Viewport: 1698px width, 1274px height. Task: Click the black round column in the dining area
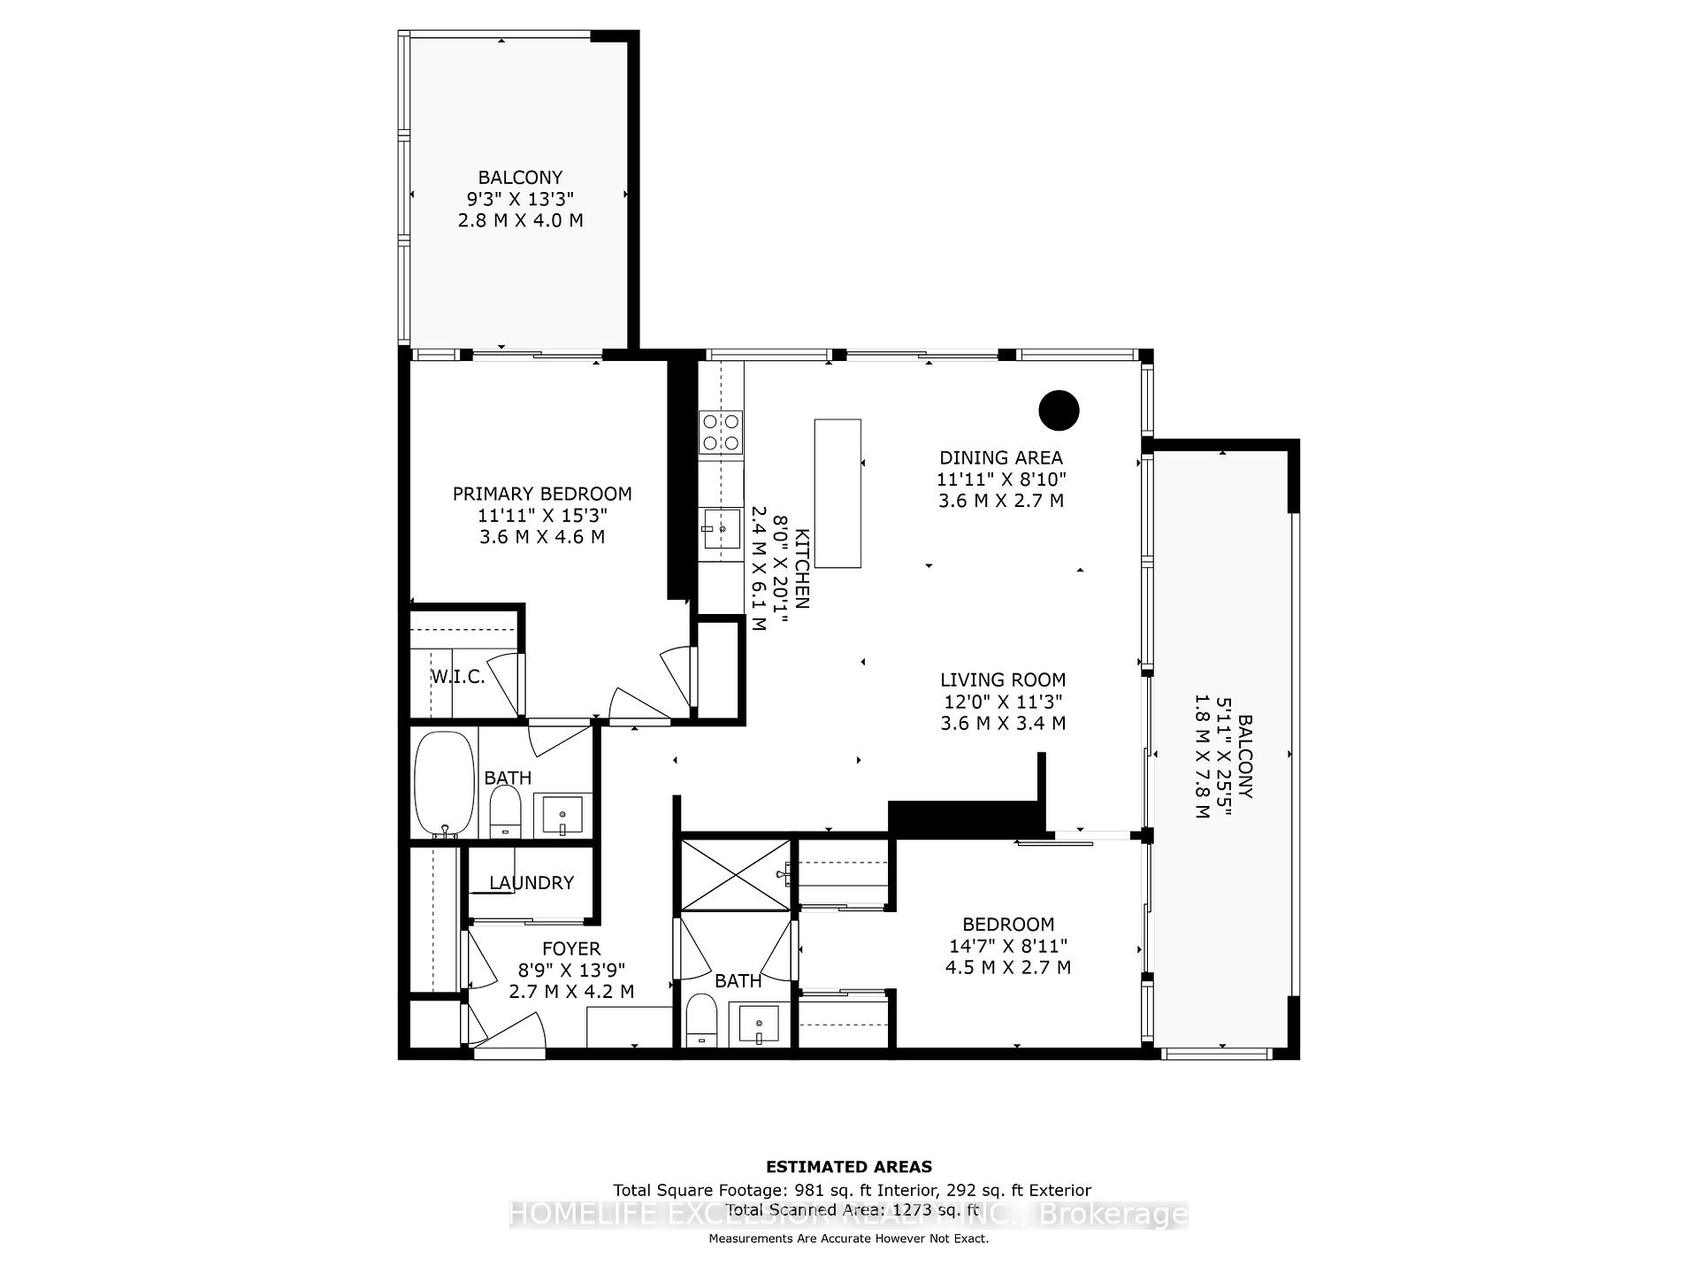click(1059, 410)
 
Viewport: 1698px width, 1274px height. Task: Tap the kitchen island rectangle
click(838, 493)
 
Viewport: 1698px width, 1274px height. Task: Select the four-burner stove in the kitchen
click(721, 433)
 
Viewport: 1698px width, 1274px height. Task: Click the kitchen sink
click(722, 530)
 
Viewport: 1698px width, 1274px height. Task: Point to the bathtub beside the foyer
click(444, 782)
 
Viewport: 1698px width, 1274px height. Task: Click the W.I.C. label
click(457, 677)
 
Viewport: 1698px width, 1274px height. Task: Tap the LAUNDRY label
click(531, 882)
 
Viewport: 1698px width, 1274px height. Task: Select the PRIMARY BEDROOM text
click(542, 494)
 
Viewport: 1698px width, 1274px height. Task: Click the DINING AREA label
click(1001, 457)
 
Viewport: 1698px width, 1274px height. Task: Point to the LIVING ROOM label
click(1002, 679)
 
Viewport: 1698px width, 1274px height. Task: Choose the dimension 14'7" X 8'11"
click(1007, 946)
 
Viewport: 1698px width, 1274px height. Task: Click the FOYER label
click(571, 948)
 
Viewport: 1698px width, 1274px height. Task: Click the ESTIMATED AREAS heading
click(848, 1166)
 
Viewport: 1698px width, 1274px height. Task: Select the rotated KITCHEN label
click(801, 569)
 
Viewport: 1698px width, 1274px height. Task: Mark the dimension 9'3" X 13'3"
click(520, 198)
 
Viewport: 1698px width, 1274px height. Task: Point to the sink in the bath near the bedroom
click(759, 1025)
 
